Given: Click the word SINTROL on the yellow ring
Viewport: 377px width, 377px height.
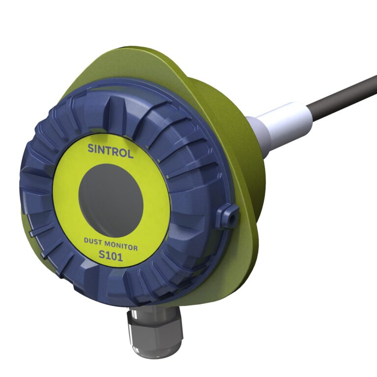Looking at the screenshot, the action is click(110, 151).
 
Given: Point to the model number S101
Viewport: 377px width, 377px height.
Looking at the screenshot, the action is click(111, 256).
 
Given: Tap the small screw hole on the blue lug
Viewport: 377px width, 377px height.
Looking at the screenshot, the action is click(233, 218).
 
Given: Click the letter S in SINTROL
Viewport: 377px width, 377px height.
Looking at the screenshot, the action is click(91, 148).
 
